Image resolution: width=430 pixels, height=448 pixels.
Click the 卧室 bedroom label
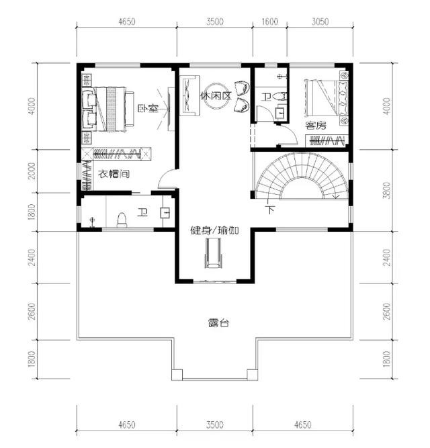tap(148, 109)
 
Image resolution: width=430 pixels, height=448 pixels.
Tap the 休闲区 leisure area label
tap(216, 96)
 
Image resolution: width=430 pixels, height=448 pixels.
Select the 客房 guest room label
tap(316, 126)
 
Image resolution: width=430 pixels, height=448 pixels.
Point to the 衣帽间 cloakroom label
tap(114, 174)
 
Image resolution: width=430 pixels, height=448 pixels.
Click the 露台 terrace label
tap(218, 323)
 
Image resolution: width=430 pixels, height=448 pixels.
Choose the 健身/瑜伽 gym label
tap(214, 230)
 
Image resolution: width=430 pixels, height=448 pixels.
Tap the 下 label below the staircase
tap(270, 210)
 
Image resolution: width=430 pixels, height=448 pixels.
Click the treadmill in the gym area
tap(213, 253)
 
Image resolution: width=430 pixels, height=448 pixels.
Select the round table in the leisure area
tap(216, 96)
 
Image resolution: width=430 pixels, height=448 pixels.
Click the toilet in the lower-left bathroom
tap(122, 220)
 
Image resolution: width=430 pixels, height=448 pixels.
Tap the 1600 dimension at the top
tap(269, 21)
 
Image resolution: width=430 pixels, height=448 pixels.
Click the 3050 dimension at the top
tap(320, 21)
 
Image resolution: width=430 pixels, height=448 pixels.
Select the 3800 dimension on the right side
tap(386, 190)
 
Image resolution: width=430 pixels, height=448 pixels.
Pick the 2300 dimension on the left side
tap(32, 171)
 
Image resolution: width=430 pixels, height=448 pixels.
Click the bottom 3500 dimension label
tap(215, 425)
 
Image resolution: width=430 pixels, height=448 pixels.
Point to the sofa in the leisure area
tap(189, 96)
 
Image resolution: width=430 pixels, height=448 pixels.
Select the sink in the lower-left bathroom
tap(165, 213)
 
